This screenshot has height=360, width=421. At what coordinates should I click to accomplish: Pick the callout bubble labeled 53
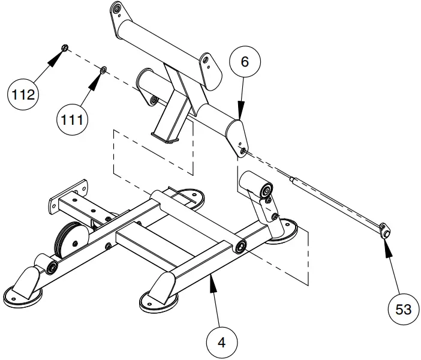point(402,308)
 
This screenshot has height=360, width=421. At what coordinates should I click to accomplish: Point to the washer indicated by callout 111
point(103,71)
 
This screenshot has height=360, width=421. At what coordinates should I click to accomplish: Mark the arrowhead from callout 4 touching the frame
point(211,283)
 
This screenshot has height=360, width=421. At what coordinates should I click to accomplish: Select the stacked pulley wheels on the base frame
point(70,242)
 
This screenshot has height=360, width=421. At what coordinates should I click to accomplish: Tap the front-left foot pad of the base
point(23,296)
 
